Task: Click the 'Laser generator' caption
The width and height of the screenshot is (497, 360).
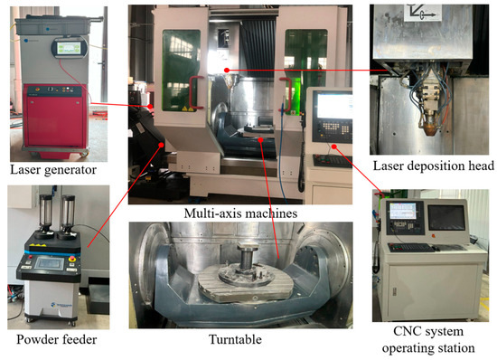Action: pos(53,170)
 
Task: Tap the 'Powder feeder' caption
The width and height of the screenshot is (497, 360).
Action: pos(57,339)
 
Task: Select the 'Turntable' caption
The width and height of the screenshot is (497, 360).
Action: pos(235,339)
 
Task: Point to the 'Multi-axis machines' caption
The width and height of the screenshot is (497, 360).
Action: pos(240,213)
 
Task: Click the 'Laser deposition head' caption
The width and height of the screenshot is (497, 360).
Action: pos(433,166)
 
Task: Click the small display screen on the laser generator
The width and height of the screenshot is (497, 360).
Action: pos(69,48)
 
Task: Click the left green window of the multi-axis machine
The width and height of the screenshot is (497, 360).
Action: pos(181,71)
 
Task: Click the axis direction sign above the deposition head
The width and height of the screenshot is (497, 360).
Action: pos(423,13)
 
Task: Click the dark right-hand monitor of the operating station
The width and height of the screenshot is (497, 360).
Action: pos(446,218)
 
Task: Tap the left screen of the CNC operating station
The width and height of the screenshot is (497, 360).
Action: pos(402,211)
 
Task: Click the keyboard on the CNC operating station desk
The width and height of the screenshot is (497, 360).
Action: pos(411,248)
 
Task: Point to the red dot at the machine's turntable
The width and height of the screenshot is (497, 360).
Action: pos(260,139)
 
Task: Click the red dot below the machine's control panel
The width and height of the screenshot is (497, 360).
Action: pos(333,147)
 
